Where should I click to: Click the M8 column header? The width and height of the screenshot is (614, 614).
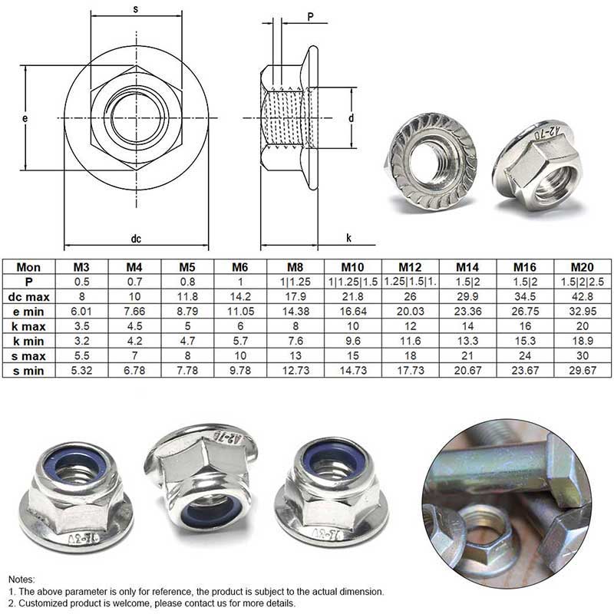coord(295,267)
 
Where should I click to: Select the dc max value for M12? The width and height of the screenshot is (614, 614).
coord(410,296)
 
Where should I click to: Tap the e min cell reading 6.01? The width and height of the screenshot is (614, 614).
coord(81,312)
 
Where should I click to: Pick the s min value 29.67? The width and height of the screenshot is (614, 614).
coord(583,371)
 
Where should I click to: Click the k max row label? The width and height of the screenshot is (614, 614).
coord(28,326)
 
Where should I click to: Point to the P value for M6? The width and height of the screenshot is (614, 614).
coord(240,282)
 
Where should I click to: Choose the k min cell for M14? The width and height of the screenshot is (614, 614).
coord(467,341)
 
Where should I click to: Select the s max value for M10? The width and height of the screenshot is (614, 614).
coord(353,355)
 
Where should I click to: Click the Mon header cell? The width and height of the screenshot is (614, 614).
coord(28,267)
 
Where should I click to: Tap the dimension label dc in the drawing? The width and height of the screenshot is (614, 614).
coord(136,239)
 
